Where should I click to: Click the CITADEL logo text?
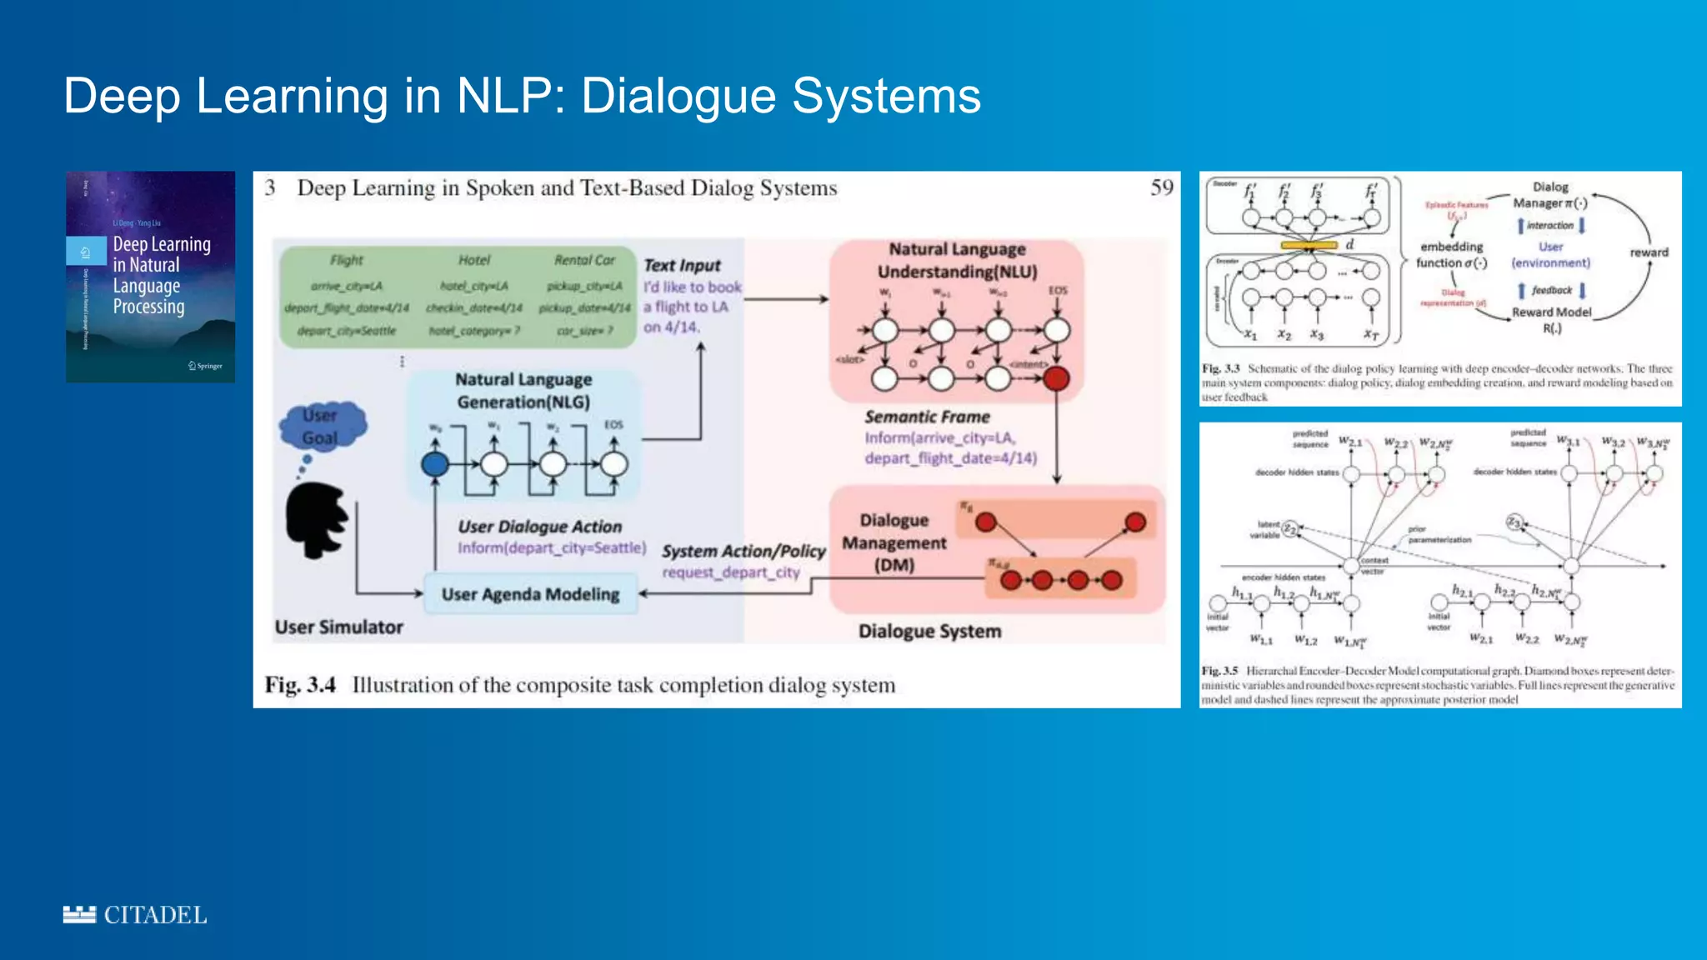click(155, 915)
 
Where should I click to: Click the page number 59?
click(1162, 187)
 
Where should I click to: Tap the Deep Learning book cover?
click(150, 277)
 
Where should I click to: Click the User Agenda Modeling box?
click(531, 594)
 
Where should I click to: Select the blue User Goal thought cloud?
click(321, 427)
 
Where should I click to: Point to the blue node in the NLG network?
click(434, 464)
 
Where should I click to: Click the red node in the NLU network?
click(1056, 379)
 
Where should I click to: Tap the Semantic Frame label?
click(927, 417)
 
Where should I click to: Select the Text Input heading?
click(682, 265)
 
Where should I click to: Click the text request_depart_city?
click(731, 572)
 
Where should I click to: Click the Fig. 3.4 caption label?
click(300, 685)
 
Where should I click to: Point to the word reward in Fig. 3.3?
click(1649, 252)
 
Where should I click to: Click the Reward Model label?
click(1551, 312)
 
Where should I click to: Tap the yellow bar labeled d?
click(1309, 245)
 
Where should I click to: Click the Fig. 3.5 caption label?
click(1219, 671)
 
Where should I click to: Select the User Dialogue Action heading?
click(539, 527)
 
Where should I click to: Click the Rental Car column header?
click(584, 260)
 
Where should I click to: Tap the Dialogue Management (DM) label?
click(894, 542)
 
